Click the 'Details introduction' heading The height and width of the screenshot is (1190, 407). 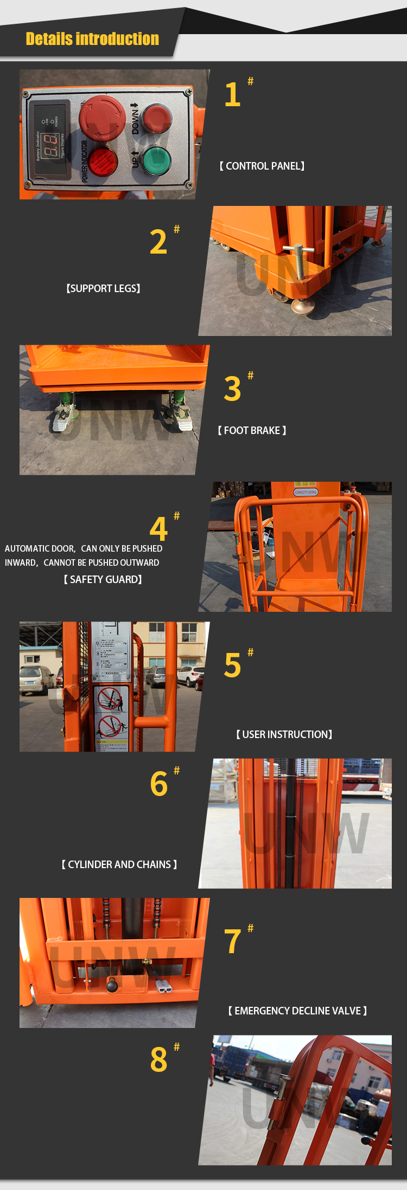pyautogui.click(x=92, y=39)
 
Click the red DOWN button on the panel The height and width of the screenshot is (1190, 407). pyautogui.click(x=157, y=118)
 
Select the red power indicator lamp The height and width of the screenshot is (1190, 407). pyautogui.click(x=102, y=160)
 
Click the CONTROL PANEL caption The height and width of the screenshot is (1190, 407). pyautogui.click(x=262, y=166)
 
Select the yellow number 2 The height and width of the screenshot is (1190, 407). pyautogui.click(x=158, y=242)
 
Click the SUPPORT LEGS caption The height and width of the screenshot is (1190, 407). pyautogui.click(x=103, y=289)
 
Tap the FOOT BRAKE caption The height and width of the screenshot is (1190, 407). pyautogui.click(x=252, y=431)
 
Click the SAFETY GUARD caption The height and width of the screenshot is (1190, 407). pyautogui.click(x=103, y=580)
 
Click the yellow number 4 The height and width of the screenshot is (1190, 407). pyautogui.click(x=158, y=529)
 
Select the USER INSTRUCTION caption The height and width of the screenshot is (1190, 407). pyautogui.click(x=284, y=735)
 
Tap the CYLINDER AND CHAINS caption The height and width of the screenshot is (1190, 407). pyautogui.click(x=119, y=865)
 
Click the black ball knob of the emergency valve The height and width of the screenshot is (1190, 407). pyautogui.click(x=112, y=985)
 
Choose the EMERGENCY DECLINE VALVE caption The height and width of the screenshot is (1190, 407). pyautogui.click(x=297, y=1011)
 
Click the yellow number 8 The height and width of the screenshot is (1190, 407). pyautogui.click(x=158, y=1060)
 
